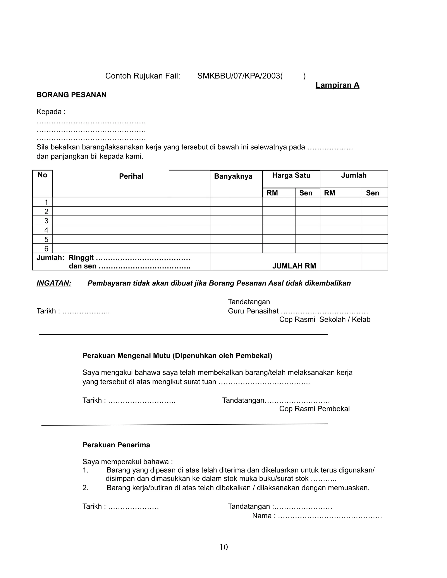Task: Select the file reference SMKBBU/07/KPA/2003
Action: click(x=239, y=76)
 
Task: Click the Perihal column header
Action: click(x=131, y=176)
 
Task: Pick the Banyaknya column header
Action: click(x=233, y=176)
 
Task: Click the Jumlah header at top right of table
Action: click(x=354, y=175)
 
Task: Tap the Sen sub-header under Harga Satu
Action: click(x=306, y=193)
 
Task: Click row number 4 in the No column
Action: click(x=46, y=230)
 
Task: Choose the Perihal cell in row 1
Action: click(x=131, y=202)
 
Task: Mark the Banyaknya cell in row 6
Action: click(x=236, y=248)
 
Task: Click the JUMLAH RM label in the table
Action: click(x=294, y=266)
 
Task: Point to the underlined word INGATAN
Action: click(x=54, y=283)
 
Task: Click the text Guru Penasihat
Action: click(x=253, y=311)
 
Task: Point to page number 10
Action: click(x=223, y=547)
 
